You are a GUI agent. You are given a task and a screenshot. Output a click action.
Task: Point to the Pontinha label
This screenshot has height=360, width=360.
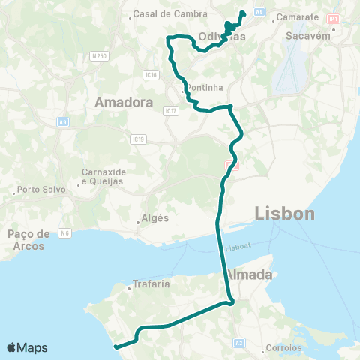[x=205, y=87]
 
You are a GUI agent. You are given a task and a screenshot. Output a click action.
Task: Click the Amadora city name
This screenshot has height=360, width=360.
[x=124, y=103]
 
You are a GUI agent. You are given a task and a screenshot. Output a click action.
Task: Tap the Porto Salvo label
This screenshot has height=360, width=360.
[x=42, y=190]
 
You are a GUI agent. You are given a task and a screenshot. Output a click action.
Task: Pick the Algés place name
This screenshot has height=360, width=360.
[x=151, y=219]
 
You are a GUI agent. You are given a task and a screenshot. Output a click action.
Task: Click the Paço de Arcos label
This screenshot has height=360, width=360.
[x=29, y=239]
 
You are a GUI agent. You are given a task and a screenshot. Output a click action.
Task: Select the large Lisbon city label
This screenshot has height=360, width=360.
[x=284, y=214]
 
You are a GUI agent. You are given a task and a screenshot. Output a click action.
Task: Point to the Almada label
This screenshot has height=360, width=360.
[x=248, y=275]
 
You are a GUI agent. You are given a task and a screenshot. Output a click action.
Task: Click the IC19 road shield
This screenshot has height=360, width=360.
[x=136, y=139]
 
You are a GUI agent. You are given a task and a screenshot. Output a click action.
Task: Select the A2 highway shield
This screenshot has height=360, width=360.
[x=239, y=342]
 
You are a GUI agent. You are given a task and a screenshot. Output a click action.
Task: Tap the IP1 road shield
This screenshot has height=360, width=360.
[x=333, y=16]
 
